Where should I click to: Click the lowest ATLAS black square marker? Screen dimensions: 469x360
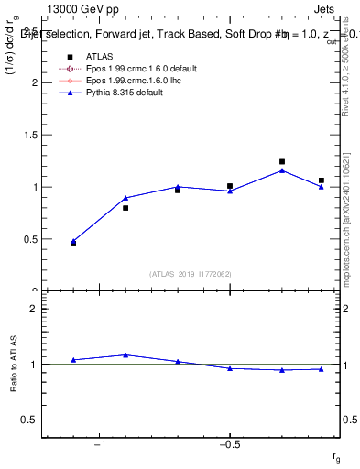coord(73,244)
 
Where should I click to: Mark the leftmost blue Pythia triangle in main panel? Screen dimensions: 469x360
coord(73,241)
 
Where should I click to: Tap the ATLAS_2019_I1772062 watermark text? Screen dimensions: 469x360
coord(191,274)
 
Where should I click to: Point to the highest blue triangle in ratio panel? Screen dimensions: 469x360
coord(125,354)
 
